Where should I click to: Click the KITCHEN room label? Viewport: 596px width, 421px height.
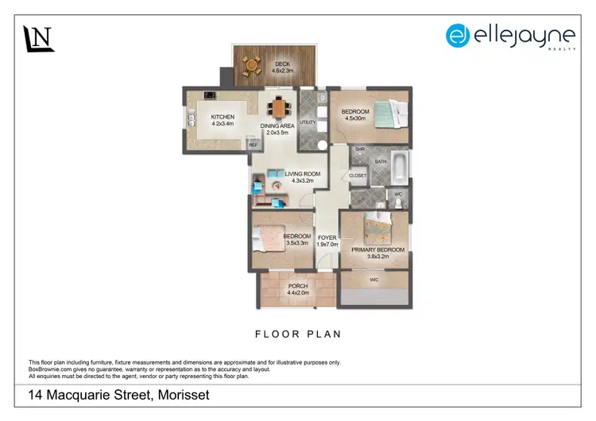(223, 118)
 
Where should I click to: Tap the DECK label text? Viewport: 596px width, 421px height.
(283, 64)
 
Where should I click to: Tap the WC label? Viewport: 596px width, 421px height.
(398, 193)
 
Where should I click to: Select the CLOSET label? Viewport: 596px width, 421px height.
(358, 176)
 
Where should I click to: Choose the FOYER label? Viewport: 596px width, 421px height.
(327, 238)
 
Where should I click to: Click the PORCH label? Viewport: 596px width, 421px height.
(298, 286)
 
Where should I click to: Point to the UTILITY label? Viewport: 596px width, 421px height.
(308, 122)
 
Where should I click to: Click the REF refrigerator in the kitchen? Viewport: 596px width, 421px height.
(253, 145)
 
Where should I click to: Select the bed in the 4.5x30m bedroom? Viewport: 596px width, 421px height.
(389, 114)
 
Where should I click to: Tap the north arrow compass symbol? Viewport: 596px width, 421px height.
(38, 38)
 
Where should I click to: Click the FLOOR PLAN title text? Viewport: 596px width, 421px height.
(298, 334)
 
